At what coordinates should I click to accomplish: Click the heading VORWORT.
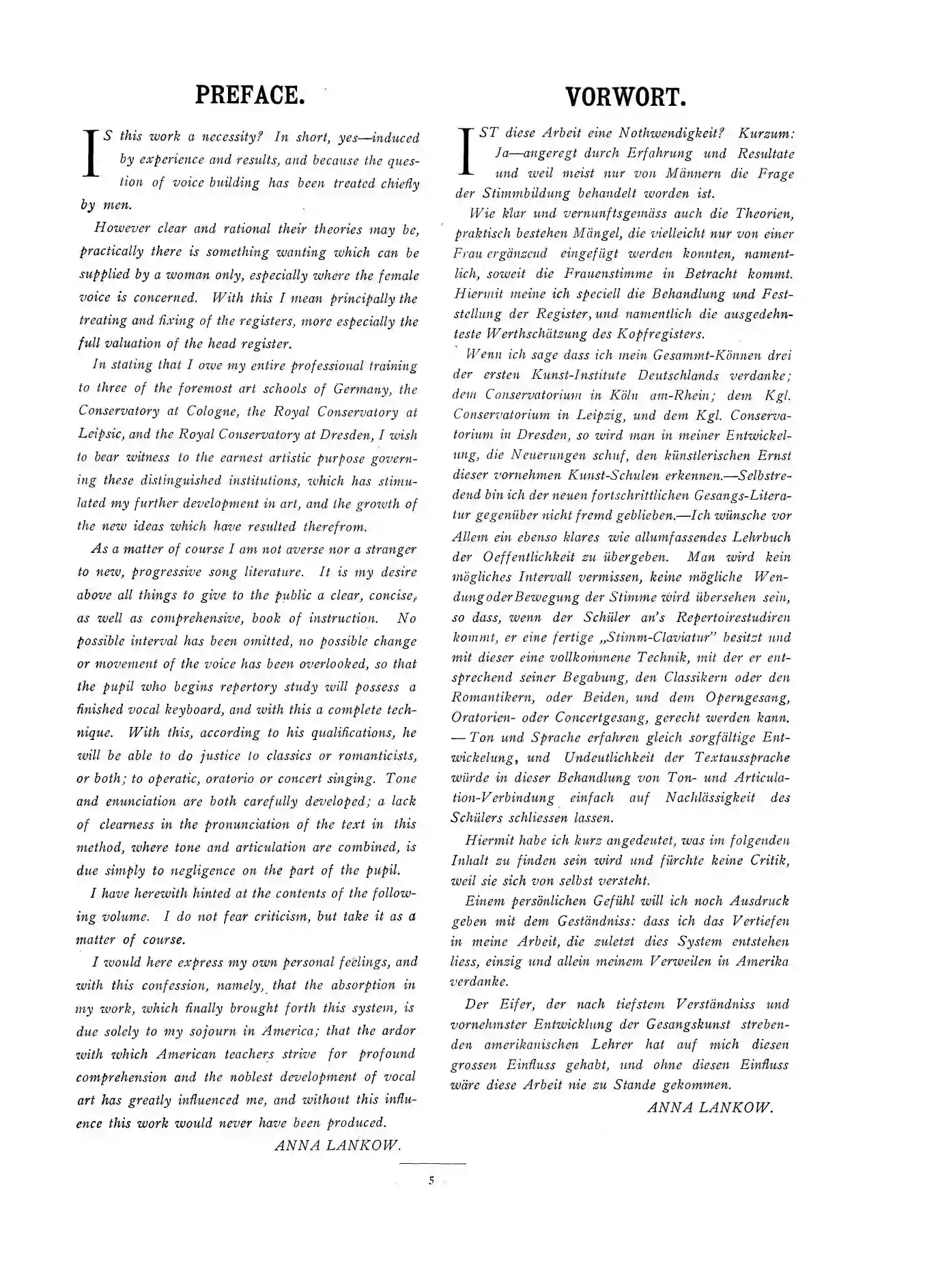pos(625,98)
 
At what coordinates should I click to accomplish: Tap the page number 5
pos(431,1180)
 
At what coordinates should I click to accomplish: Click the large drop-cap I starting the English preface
pos(90,154)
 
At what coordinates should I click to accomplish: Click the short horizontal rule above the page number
pos(432,1163)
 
